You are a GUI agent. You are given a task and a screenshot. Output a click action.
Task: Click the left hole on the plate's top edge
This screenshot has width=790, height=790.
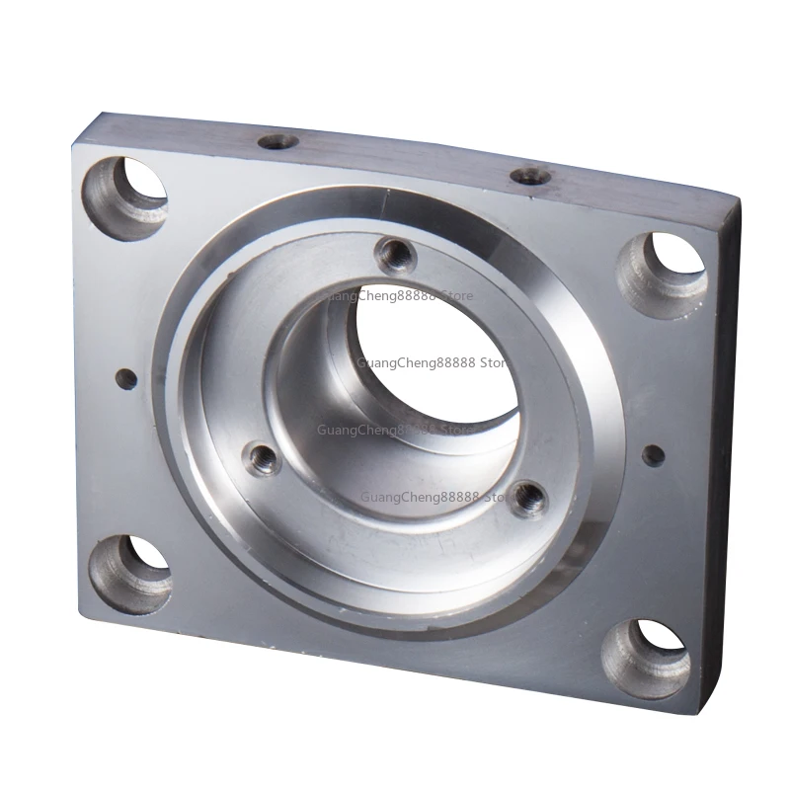(277, 141)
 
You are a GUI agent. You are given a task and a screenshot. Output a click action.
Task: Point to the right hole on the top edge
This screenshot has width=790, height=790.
(531, 176)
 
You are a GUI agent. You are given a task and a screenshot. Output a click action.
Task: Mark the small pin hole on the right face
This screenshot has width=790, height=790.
(653, 455)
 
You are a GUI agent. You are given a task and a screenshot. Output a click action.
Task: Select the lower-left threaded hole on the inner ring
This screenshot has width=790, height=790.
(263, 457)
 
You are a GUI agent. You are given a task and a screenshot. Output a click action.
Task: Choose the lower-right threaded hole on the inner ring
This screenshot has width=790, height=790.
(530, 498)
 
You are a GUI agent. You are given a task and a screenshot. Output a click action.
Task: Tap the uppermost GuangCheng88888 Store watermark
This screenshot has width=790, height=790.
(405, 295)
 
